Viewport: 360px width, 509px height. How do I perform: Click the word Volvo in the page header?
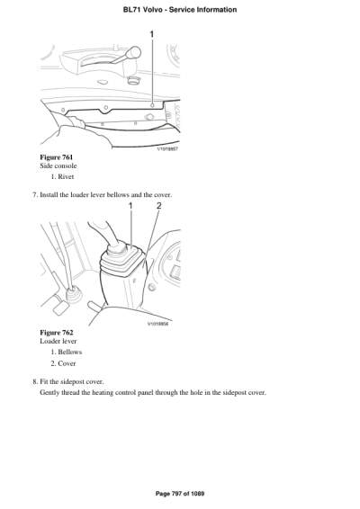[x=159, y=10]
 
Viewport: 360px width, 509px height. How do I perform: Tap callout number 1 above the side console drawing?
[x=151, y=34]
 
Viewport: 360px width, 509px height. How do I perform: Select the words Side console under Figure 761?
[x=58, y=166]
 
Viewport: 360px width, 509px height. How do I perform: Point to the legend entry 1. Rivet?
[x=68, y=177]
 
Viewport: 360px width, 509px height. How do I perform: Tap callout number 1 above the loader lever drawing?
[x=130, y=207]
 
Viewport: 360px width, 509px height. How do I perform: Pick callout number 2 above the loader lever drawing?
[x=158, y=207]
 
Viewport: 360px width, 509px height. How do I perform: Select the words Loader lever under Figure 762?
[x=60, y=342]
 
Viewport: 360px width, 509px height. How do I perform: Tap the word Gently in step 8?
[x=51, y=392]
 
